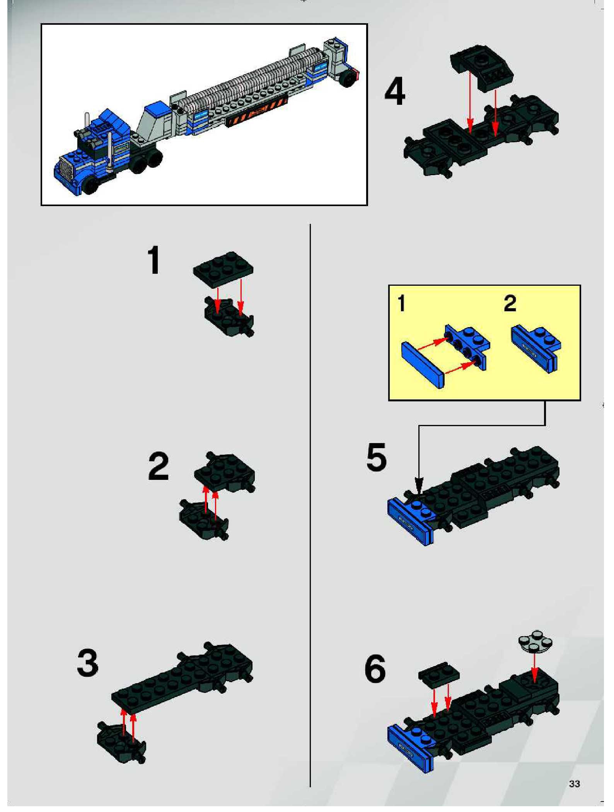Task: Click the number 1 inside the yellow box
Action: coord(402,304)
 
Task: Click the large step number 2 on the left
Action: coord(159,466)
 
